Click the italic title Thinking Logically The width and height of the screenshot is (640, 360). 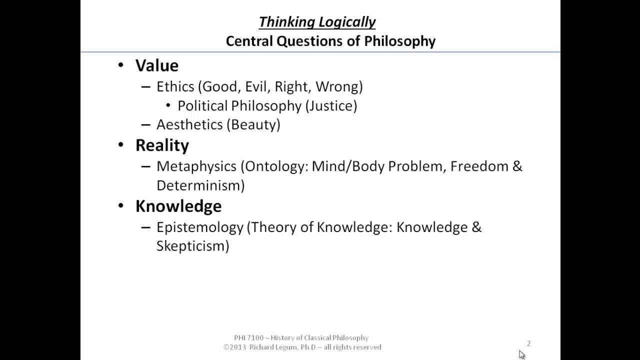(317, 22)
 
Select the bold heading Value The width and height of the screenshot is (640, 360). (156, 65)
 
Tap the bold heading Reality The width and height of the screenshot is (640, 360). (162, 145)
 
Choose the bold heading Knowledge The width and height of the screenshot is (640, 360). (178, 206)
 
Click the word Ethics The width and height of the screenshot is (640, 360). (175, 86)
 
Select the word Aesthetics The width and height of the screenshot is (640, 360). (189, 124)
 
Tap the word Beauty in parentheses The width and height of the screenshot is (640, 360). (254, 124)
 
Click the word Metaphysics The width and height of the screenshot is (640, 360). (196, 166)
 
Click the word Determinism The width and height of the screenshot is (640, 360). (198, 185)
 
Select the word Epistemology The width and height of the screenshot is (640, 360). (199, 227)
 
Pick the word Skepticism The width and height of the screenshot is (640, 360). (190, 246)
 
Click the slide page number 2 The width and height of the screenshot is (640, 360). (528, 343)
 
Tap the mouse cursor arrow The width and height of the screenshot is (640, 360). (521, 354)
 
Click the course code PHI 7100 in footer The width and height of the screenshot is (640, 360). (248, 338)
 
